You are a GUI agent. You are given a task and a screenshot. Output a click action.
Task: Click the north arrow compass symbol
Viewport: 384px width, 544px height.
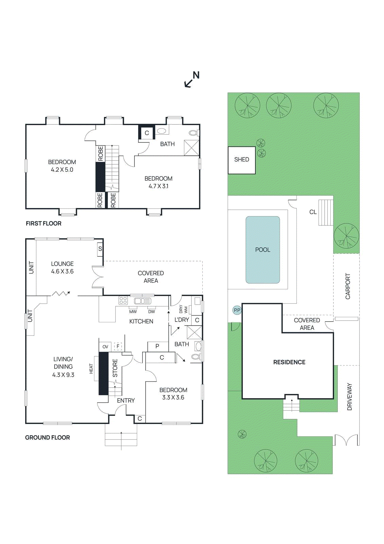192,80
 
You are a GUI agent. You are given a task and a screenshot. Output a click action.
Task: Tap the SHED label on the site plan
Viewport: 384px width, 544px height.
241,159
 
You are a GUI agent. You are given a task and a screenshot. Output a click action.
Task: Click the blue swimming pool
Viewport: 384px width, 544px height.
262,250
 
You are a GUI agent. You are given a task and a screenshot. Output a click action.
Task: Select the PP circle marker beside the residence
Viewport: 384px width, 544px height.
237,310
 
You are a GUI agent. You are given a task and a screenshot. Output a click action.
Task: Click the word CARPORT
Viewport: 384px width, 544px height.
348,286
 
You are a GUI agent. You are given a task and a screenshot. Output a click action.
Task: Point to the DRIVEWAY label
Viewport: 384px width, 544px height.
349,397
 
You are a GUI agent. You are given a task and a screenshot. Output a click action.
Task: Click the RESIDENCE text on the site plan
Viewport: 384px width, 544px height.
289,362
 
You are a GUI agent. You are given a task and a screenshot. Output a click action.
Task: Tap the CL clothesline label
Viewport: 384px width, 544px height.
313,212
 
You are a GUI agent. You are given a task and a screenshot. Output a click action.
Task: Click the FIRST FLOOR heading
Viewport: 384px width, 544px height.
43,223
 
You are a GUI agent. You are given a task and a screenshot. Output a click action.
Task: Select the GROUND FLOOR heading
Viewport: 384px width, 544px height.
47,438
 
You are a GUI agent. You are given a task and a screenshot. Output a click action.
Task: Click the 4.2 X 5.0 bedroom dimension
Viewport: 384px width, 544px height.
62,170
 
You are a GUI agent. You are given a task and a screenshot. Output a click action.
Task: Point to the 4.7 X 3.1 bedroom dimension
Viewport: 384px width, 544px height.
158,186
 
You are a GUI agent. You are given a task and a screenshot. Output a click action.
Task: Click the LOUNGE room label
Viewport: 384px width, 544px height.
62,264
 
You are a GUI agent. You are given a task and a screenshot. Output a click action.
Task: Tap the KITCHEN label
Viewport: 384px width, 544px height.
141,321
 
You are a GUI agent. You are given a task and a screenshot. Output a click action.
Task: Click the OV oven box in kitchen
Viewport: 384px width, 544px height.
105,347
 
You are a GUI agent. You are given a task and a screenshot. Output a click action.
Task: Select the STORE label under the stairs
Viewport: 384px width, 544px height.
115,368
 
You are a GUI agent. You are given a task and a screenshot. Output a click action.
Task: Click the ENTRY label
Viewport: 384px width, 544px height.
126,401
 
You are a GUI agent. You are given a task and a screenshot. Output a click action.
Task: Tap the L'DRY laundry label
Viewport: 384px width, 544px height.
181,320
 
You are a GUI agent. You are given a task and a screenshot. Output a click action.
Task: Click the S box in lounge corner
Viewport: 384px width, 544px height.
100,249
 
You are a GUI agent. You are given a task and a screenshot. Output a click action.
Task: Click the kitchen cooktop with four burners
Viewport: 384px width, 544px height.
123,301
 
